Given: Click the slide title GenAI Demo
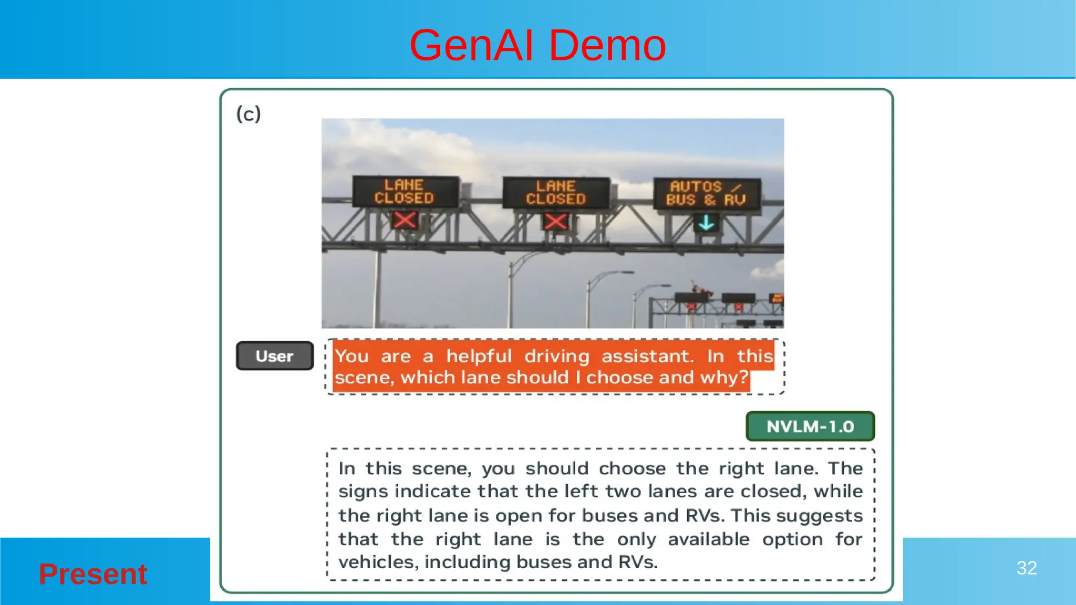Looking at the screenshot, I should point(537,46).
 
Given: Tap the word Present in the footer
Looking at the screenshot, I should point(93,573).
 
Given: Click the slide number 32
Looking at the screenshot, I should point(1026,568).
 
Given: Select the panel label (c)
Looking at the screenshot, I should point(249,113).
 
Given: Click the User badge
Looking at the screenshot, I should point(275,356).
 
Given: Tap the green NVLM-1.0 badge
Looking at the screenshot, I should point(810,426).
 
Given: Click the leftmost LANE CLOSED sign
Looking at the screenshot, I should point(404,191).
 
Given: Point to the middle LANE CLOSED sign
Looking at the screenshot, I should point(556,192).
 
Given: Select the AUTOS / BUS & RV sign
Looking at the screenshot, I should point(706,193).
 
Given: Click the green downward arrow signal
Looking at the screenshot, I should point(706,223).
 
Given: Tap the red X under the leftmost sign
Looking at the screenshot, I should point(405,220).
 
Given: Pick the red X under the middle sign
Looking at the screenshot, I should point(555,221).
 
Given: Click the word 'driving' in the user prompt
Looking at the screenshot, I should point(556,356).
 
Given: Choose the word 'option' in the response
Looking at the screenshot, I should point(792,539).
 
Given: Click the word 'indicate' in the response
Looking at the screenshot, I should point(432,491).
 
